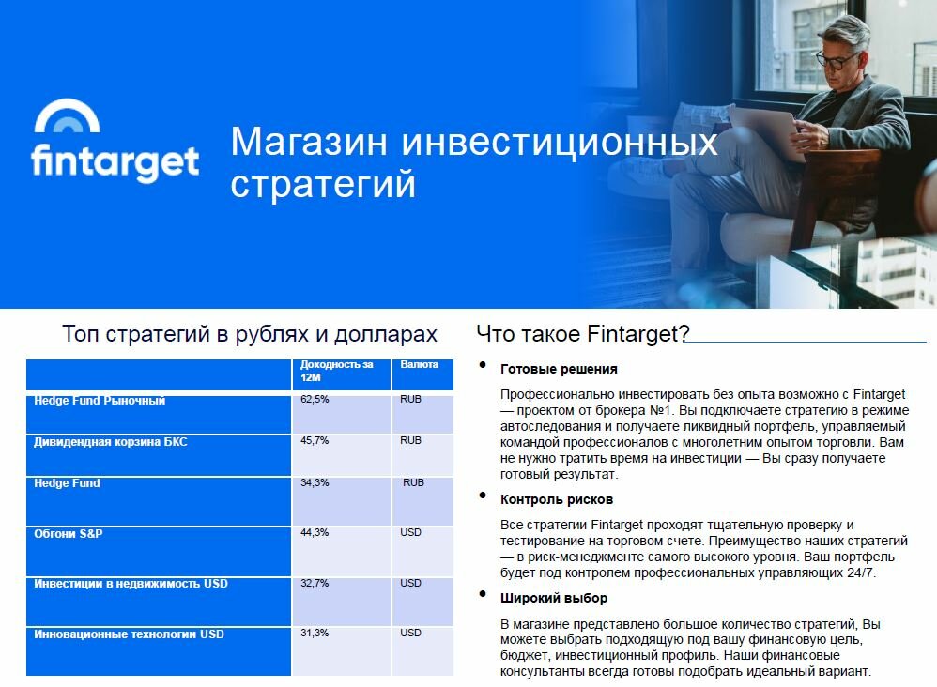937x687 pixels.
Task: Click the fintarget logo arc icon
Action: pyautogui.click(x=67, y=106)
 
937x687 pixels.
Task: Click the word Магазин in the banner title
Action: pyautogui.click(x=309, y=142)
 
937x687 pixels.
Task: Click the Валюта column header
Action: pyautogui.click(x=419, y=364)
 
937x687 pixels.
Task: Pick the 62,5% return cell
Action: pyautogui.click(x=315, y=399)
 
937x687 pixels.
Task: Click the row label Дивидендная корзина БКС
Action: pyautogui.click(x=111, y=442)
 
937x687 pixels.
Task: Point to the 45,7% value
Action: pyautogui.click(x=315, y=441)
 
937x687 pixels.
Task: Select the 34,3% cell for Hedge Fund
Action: pyautogui.click(x=315, y=482)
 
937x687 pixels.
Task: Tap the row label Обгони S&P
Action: pyautogui.click(x=69, y=533)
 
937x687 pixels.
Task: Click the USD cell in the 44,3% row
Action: pyautogui.click(x=410, y=532)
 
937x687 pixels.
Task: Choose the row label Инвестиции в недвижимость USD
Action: pyautogui.click(x=131, y=584)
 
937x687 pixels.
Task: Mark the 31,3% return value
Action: pyautogui.click(x=315, y=633)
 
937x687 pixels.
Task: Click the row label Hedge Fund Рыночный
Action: pyautogui.click(x=100, y=401)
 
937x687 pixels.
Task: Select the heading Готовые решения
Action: pyautogui.click(x=559, y=369)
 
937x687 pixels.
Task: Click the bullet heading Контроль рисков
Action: pyautogui.click(x=557, y=499)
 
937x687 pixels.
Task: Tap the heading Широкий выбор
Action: pyautogui.click(x=554, y=598)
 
